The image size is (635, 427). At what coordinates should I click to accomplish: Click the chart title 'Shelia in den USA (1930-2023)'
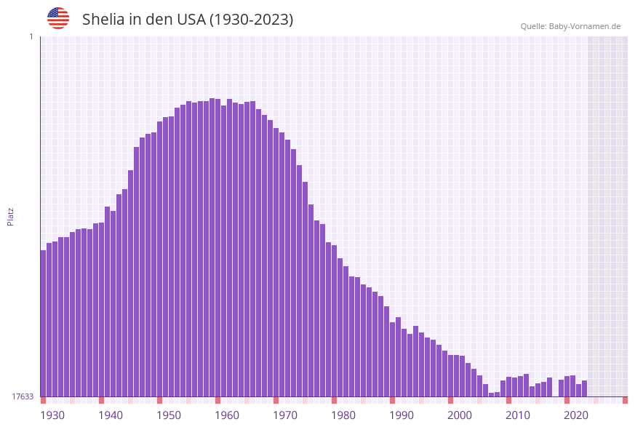[188, 20]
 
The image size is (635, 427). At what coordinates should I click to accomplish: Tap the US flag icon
[58, 18]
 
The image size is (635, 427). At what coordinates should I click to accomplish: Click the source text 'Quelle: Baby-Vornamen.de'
[570, 26]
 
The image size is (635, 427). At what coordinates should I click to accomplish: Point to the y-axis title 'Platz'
[11, 216]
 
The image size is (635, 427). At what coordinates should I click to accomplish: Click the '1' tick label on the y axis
[31, 36]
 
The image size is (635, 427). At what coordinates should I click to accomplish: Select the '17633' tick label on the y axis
[23, 396]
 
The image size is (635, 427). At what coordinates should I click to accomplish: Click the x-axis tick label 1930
[52, 415]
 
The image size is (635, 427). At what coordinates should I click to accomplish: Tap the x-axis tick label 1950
[169, 415]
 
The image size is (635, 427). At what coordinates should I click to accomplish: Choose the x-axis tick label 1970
[285, 415]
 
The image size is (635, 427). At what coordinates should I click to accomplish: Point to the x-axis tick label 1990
[402, 415]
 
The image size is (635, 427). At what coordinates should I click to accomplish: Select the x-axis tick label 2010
[518, 415]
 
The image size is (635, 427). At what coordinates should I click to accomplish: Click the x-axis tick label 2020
[576, 415]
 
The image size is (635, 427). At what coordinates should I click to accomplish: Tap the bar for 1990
[393, 359]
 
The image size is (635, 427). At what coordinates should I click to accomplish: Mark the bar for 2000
[451, 375]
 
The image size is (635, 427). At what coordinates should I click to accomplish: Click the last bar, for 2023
[585, 388]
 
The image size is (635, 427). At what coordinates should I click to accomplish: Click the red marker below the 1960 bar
[218, 400]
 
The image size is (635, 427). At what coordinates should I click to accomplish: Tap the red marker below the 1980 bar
[335, 400]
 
